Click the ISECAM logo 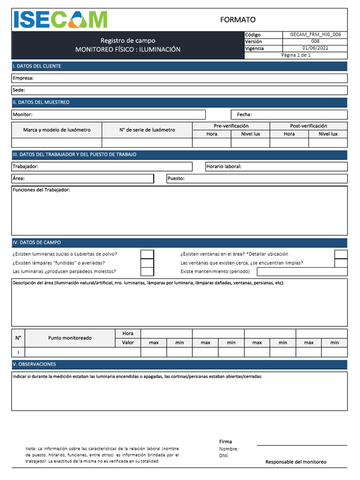point(60,20)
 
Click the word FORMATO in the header point(238,20)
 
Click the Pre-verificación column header point(231,126)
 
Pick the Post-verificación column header point(308,126)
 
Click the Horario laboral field point(276,167)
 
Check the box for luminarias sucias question point(147,254)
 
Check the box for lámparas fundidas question point(147,263)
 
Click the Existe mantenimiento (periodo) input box point(302,271)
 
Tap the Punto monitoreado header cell point(70,338)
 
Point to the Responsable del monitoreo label point(296,462)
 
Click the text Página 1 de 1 point(296,55)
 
